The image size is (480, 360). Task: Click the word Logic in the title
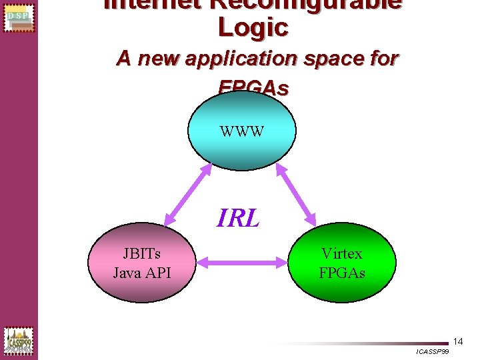pos(253,27)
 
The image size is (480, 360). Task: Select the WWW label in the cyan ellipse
pos(242,131)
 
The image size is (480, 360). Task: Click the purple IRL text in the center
pos(238,218)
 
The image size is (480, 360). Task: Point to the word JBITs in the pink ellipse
pos(142,253)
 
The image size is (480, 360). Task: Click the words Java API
pos(142,272)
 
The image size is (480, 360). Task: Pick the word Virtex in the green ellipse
pos(342,253)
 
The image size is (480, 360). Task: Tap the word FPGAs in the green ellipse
pos(342,273)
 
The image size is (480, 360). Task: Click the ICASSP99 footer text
pos(432,351)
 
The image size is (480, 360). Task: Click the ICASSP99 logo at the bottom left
pos(18,340)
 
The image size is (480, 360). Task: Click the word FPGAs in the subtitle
pos(253,87)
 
